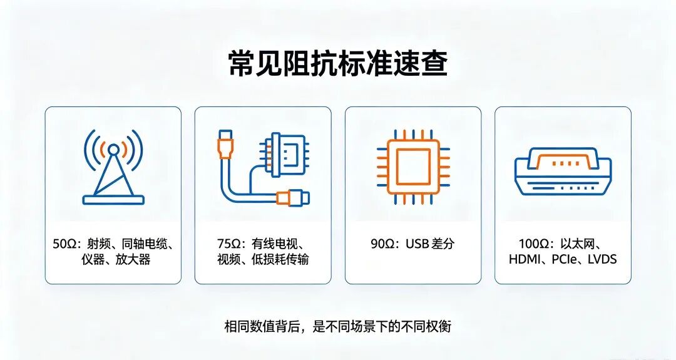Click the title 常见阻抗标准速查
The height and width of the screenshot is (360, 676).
338,63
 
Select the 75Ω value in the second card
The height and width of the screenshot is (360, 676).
228,244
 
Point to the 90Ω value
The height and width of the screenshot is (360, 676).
382,244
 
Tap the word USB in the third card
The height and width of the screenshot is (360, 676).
417,244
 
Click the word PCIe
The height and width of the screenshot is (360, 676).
563,259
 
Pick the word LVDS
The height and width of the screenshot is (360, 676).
602,259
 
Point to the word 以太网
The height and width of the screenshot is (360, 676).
578,244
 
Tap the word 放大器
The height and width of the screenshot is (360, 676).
133,260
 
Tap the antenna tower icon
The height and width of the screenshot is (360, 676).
113,167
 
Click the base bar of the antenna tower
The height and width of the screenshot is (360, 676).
113,200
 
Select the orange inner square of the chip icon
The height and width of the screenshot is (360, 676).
413,167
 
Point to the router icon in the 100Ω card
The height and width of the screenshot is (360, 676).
563,171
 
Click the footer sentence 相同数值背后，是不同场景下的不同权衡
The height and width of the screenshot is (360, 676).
337,326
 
